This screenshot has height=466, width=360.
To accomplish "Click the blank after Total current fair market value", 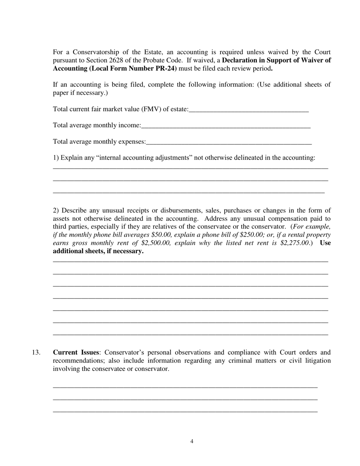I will [x=249, y=109].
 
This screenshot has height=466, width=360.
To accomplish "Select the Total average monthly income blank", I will [x=226, y=126].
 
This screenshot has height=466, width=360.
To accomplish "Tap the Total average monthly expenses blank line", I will [x=229, y=142].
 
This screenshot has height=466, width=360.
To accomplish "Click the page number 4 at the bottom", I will [x=192, y=441].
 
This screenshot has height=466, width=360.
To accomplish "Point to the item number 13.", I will [x=36, y=353].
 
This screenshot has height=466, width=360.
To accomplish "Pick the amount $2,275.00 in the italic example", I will [x=295, y=243].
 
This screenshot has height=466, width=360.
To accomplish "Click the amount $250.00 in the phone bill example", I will [x=253, y=235].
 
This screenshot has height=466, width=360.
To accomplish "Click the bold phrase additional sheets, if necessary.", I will [x=98, y=252].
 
